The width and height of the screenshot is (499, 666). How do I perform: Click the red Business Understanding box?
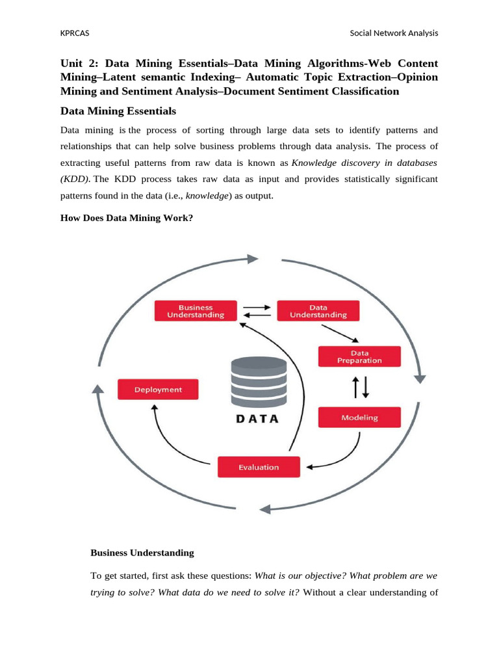click(x=196, y=311)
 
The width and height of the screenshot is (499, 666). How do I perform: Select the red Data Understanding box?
click(x=318, y=311)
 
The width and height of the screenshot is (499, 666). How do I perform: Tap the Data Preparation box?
click(x=359, y=356)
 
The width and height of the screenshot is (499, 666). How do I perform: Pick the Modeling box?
click(x=359, y=418)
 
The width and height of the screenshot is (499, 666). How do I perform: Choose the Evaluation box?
click(x=258, y=467)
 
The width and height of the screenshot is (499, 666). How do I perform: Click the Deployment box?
click(x=158, y=390)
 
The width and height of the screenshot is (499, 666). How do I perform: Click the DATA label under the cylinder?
click(x=257, y=419)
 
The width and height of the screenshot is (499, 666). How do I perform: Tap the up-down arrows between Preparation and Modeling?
click(x=360, y=387)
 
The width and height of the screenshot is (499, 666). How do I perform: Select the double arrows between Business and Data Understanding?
click(x=256, y=311)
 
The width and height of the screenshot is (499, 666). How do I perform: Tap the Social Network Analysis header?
click(x=394, y=33)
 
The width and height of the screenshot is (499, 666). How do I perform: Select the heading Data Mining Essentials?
click(x=118, y=111)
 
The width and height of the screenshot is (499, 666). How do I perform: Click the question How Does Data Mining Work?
click(x=126, y=218)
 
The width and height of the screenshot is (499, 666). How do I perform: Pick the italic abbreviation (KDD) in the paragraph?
click(x=75, y=178)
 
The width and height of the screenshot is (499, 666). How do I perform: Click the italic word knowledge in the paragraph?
click(x=207, y=195)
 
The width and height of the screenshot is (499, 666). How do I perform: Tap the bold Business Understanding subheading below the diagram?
click(x=142, y=553)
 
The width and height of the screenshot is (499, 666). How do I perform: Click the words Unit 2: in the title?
click(x=79, y=63)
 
